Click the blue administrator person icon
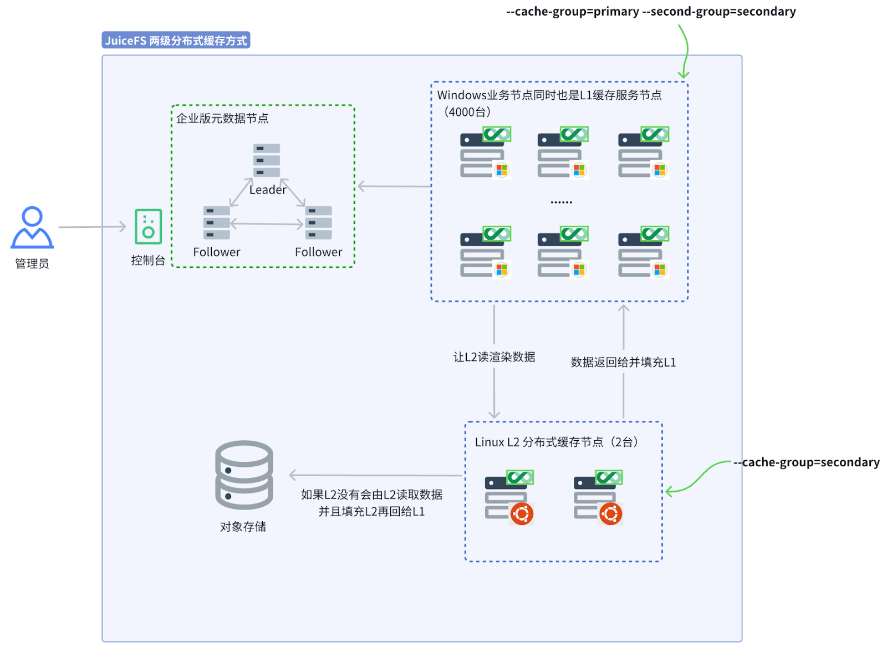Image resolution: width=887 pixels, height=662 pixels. click(x=32, y=227)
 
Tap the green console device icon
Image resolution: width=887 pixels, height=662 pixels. click(x=148, y=226)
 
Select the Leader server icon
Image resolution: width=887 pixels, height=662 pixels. click(x=267, y=160)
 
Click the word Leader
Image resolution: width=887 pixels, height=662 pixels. click(x=268, y=190)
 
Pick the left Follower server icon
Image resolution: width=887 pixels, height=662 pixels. click(x=216, y=222)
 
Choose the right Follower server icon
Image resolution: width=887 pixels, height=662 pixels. click(x=319, y=222)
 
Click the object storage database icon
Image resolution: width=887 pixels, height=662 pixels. click(x=244, y=475)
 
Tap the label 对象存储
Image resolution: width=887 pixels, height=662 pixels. click(x=243, y=527)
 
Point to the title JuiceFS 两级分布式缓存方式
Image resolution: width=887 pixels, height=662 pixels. click(x=176, y=40)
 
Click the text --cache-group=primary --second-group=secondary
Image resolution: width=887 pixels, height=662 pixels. click(x=651, y=12)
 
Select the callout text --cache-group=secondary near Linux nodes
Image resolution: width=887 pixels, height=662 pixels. click(x=807, y=462)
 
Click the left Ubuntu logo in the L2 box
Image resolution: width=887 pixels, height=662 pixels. click(x=522, y=514)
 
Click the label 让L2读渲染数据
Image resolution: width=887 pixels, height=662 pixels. click(x=494, y=357)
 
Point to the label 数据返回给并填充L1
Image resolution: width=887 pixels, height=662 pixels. click(x=623, y=363)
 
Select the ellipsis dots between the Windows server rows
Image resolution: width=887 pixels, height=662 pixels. click(x=561, y=202)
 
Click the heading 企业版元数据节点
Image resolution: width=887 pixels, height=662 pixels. click(x=222, y=119)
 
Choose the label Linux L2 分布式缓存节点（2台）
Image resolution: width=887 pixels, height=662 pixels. click(x=557, y=442)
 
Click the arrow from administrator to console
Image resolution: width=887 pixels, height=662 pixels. click(x=92, y=227)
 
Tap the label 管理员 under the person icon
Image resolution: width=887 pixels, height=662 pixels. click(x=32, y=264)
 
